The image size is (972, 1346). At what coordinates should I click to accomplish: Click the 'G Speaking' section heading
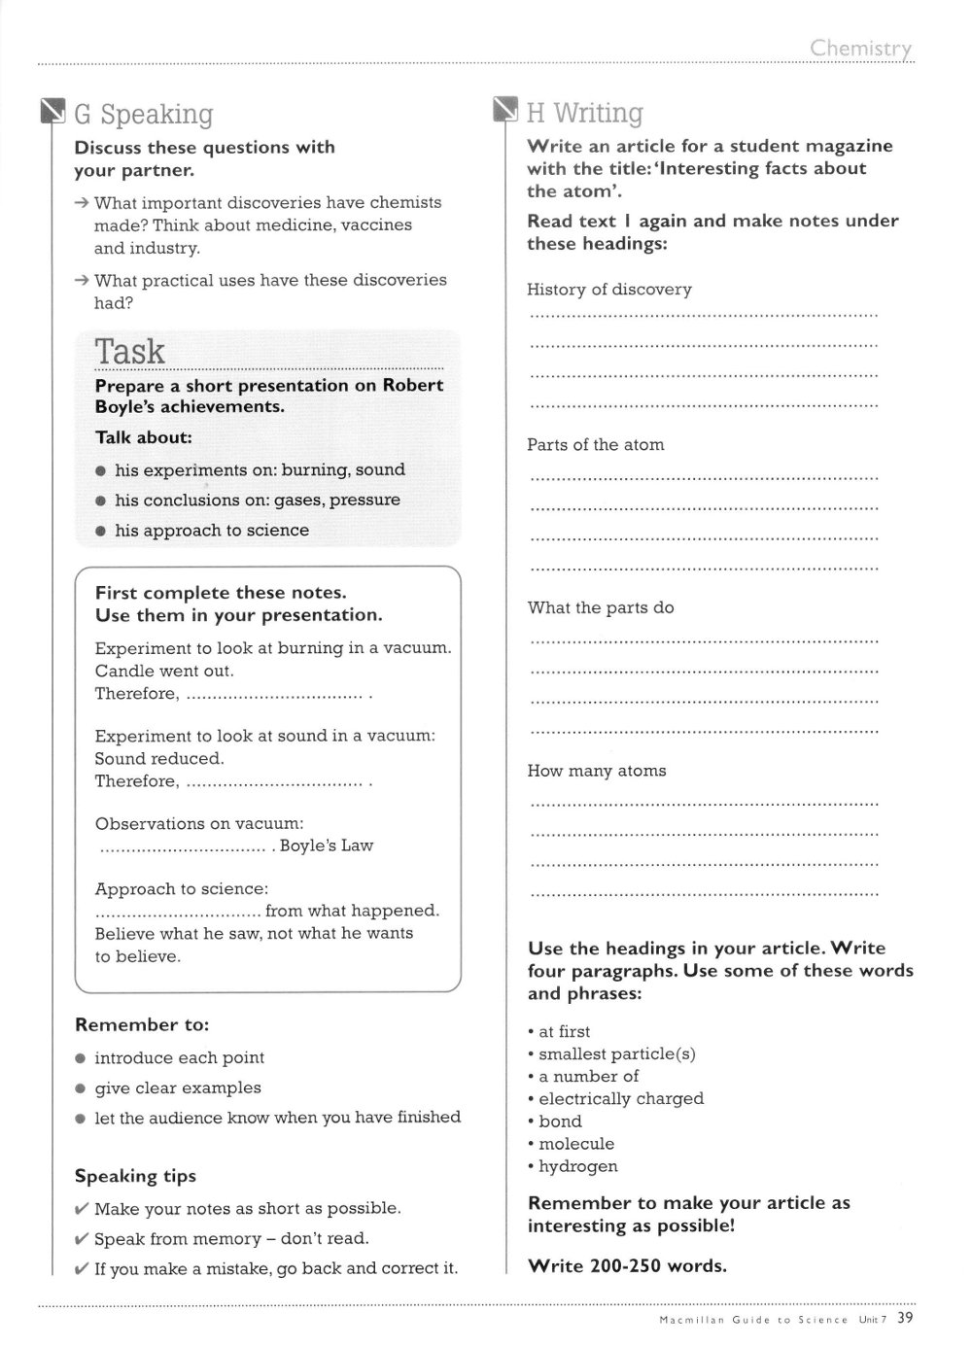point(143,115)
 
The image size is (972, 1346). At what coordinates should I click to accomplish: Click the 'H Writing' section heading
point(584,114)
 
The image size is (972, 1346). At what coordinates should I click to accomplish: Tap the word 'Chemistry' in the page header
point(860,48)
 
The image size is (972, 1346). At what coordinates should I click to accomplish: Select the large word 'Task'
point(130,351)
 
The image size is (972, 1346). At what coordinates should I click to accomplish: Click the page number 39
point(905,1318)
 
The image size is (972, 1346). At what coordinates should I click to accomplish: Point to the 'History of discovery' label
point(609,290)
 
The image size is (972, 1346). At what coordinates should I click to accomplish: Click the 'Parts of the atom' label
point(596,445)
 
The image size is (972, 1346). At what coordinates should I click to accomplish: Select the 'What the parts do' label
point(601,608)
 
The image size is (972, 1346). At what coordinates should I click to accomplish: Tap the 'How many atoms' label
point(597,771)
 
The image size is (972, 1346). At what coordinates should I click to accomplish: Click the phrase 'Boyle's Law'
point(327,846)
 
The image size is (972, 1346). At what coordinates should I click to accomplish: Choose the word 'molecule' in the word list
point(576,1144)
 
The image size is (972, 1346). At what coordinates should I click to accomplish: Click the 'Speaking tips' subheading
point(135,1176)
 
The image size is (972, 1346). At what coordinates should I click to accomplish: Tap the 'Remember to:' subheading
point(142,1025)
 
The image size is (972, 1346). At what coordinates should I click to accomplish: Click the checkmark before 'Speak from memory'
point(82,1239)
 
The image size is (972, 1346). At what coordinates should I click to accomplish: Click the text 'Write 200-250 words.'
point(627,1265)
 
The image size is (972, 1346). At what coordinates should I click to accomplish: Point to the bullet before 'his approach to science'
point(101,531)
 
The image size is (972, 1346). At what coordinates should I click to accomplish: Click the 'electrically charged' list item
point(621,1099)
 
